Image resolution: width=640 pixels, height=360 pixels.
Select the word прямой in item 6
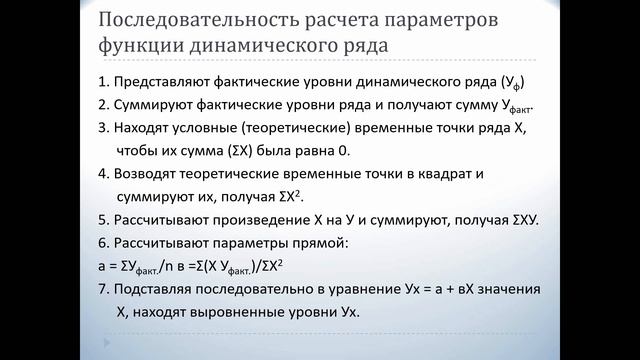(349, 242)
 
